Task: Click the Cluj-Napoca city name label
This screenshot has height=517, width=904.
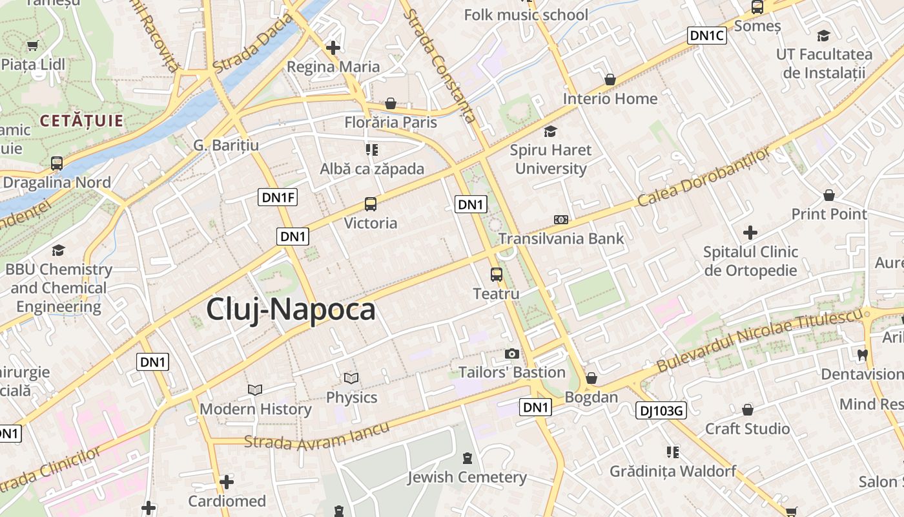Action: coord(291,310)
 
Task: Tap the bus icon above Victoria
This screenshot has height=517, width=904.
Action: coord(371,204)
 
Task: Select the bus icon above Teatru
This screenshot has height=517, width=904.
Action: coord(497,275)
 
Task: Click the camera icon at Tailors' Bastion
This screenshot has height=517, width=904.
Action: coord(512,353)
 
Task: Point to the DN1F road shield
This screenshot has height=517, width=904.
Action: coord(278,197)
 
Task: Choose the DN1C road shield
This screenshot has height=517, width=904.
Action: coord(707,36)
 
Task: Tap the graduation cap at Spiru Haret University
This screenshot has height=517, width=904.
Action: coord(550,132)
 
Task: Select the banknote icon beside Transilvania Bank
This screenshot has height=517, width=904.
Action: coord(561,220)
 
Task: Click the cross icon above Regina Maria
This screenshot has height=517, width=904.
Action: coord(333,47)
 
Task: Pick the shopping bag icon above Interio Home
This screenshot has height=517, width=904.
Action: coord(610,79)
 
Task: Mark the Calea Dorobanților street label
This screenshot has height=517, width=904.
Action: coord(704,177)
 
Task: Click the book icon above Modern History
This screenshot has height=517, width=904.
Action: coord(255,390)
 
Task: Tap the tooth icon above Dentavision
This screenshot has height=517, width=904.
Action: coord(862,354)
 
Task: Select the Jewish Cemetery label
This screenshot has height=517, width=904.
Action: coord(467,478)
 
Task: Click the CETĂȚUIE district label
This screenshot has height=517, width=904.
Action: coord(81,120)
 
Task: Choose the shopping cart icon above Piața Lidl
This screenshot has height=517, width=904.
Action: coord(33,45)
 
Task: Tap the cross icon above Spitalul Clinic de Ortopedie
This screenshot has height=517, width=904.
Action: coord(750,232)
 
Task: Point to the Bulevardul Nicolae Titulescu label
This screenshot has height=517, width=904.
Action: coord(759,341)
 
